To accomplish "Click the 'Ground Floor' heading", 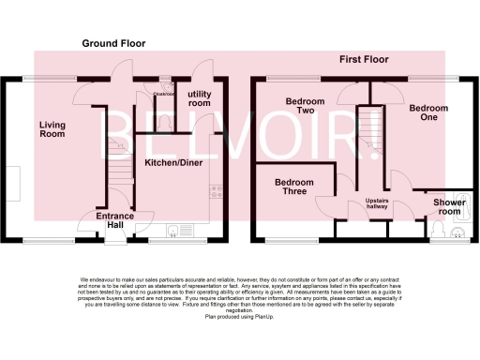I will tap(113, 43).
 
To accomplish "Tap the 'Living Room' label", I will tap(52, 129).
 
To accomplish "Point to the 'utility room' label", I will tap(200, 98).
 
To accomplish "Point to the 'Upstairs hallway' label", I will tap(378, 205).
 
